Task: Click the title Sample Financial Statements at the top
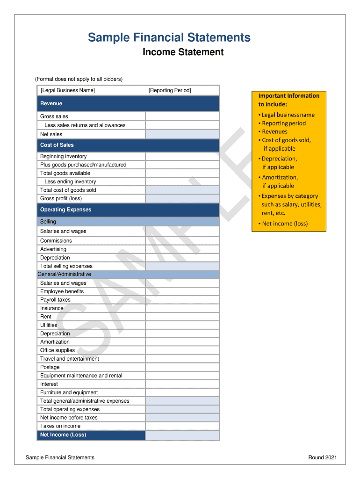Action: pyautogui.click(x=169, y=37)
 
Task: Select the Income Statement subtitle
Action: pyautogui.click(x=183, y=52)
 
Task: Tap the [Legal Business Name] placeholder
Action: pyautogui.click(x=68, y=90)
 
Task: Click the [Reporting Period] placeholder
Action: pyautogui.click(x=170, y=90)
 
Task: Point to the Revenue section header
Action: pyautogui.click(x=51, y=103)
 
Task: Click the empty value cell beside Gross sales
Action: pyautogui.click(x=182, y=116)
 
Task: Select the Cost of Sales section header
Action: pyautogui.click(x=57, y=145)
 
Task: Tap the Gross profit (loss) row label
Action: pyautogui.click(x=61, y=198)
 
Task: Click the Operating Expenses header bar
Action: pyautogui.click(x=66, y=210)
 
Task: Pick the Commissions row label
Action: pyautogui.click(x=56, y=240)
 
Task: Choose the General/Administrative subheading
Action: pyautogui.click(x=65, y=274)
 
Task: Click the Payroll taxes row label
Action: pyautogui.click(x=55, y=300)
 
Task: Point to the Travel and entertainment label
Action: pyautogui.click(x=70, y=359)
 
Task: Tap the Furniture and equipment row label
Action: pyautogui.click(x=69, y=392)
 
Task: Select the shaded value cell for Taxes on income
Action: pyautogui.click(x=182, y=426)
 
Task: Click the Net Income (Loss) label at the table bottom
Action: pyautogui.click(x=63, y=435)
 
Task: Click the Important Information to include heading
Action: pyautogui.click(x=289, y=100)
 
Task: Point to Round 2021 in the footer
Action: pyautogui.click(x=322, y=457)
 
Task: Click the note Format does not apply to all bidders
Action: pyautogui.click(x=79, y=79)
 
